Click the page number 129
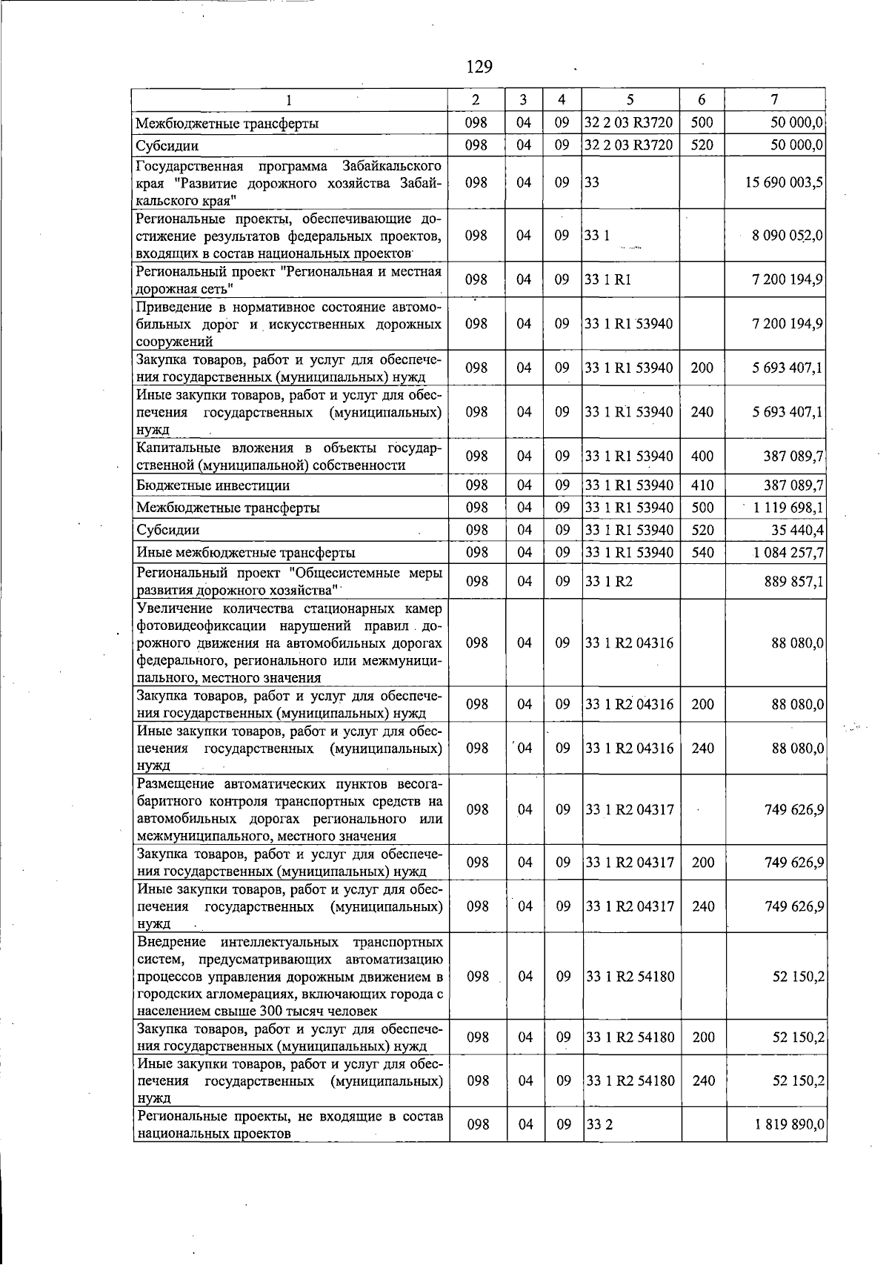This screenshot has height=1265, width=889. (x=479, y=67)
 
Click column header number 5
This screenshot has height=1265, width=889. (x=630, y=99)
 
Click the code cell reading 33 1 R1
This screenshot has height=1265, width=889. (x=608, y=280)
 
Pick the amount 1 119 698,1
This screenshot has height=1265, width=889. (x=788, y=508)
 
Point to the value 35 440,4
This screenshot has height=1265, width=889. (x=798, y=531)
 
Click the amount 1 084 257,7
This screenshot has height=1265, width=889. (x=789, y=553)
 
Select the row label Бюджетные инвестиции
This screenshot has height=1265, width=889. (x=213, y=486)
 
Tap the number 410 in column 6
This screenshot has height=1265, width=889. (x=702, y=486)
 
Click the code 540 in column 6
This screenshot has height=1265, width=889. (x=702, y=553)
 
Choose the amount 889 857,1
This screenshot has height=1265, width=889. (x=793, y=582)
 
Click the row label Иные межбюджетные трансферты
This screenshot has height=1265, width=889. (x=245, y=553)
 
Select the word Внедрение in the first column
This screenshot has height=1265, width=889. (x=173, y=943)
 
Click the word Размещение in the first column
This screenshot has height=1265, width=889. (x=177, y=784)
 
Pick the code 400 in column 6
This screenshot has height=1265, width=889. (x=702, y=456)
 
